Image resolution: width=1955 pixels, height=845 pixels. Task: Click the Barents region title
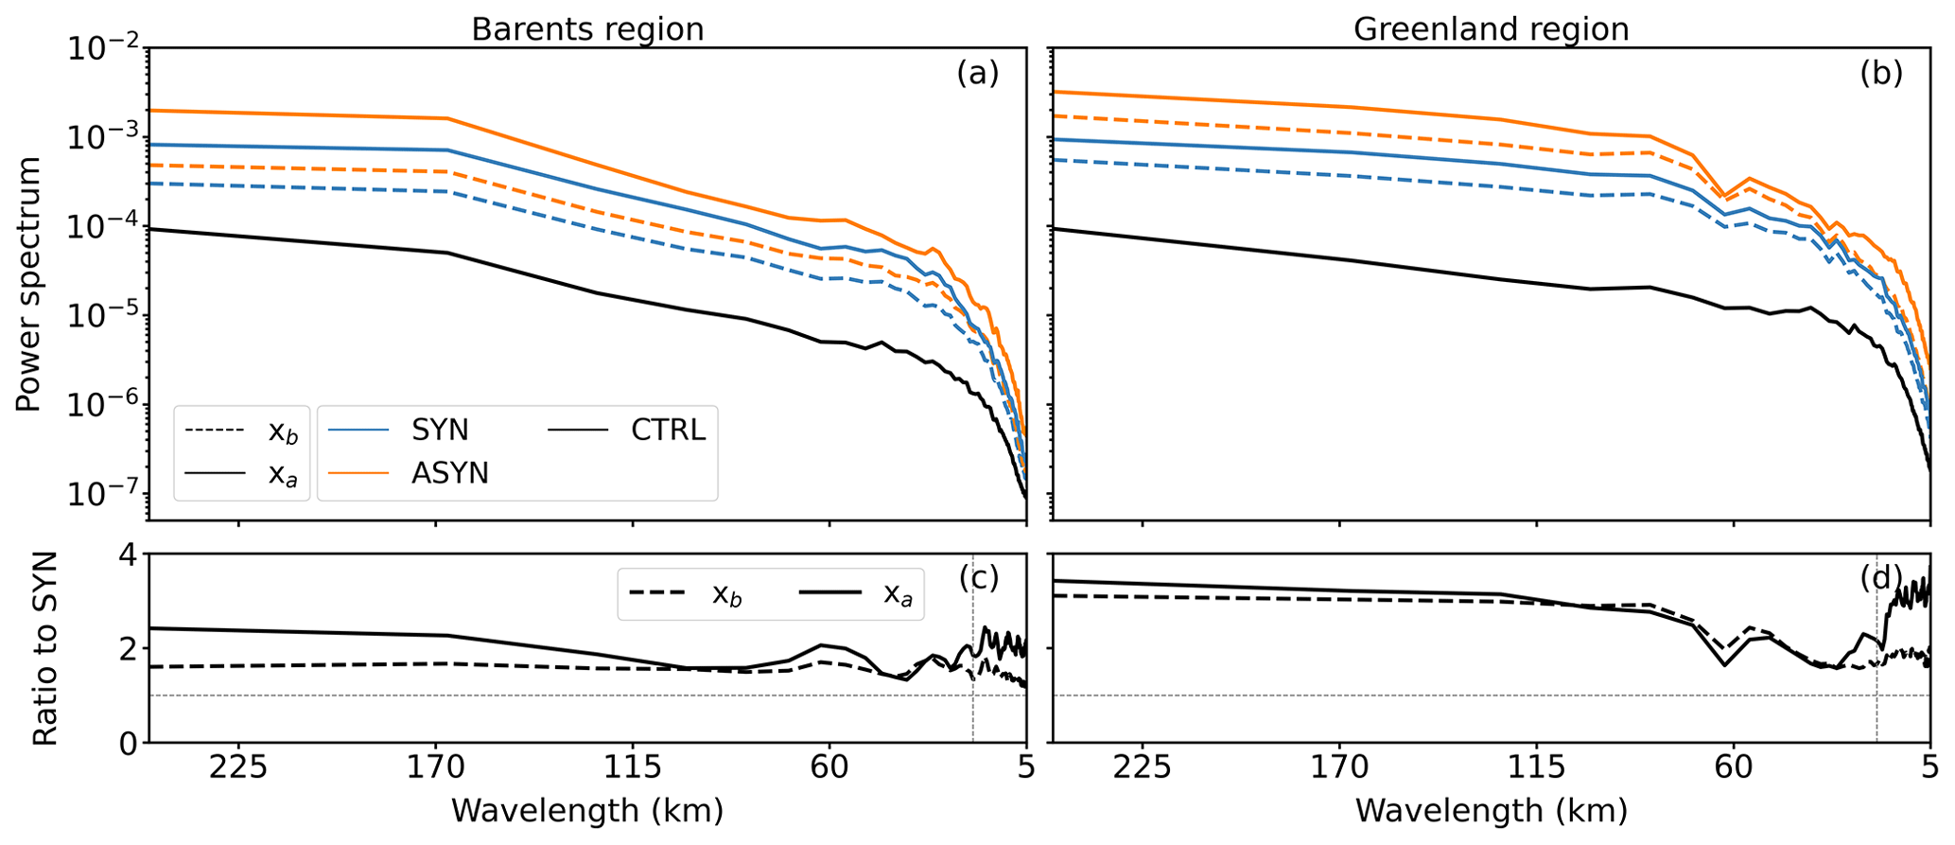coord(587,29)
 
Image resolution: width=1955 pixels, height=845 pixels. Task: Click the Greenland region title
coord(1492,29)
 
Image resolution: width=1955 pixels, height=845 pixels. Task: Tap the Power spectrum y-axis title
coord(29,284)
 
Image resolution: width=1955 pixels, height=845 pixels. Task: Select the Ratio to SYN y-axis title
coord(45,649)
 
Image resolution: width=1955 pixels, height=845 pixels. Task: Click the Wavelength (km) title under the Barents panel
coord(587,811)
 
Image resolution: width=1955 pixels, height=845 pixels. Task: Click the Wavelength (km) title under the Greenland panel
coord(1492,811)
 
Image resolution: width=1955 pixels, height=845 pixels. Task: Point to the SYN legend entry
coord(440,430)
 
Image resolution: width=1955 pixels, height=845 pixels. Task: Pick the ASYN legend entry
coord(449,472)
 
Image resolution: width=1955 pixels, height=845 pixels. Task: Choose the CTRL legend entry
coord(668,430)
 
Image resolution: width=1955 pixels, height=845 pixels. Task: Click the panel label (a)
coord(977,73)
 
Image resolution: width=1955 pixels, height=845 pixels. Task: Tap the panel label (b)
coord(1881,73)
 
